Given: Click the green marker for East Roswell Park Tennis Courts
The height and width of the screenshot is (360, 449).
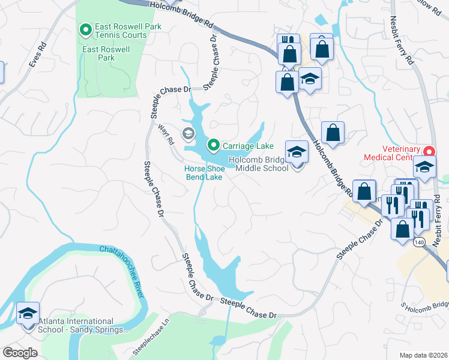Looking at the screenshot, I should pyautogui.click(x=85, y=29).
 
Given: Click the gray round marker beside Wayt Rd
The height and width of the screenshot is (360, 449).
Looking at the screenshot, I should pyautogui.click(x=188, y=133).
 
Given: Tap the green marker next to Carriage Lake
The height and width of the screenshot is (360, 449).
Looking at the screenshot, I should pyautogui.click(x=213, y=145).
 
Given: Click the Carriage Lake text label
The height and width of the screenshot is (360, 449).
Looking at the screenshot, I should pyautogui.click(x=248, y=146).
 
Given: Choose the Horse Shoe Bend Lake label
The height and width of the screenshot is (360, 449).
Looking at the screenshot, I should pyautogui.click(x=203, y=173).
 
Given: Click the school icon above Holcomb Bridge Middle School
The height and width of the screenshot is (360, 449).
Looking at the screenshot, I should pyautogui.click(x=297, y=152).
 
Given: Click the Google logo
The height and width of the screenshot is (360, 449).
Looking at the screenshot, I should pyautogui.click(x=20, y=353).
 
